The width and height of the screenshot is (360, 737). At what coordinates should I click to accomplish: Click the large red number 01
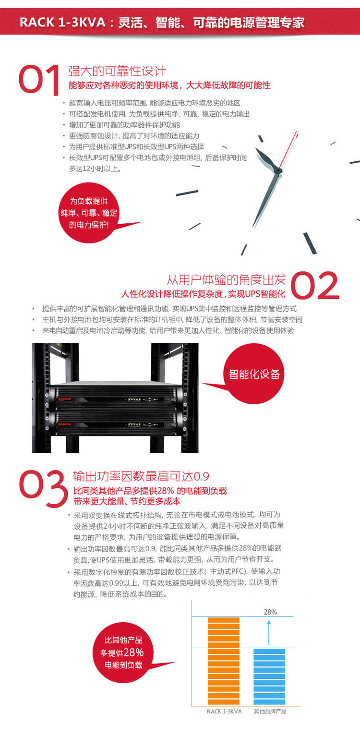[x=39, y=80]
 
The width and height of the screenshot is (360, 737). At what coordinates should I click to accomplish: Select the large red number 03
[x=43, y=488]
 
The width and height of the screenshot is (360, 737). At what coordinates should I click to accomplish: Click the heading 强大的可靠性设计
[x=117, y=71]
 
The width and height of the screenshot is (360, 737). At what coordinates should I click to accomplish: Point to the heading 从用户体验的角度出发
[x=227, y=279]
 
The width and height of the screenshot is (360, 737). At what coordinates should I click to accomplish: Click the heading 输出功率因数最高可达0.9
[x=141, y=476]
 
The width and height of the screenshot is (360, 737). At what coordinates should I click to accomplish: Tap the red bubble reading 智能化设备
[x=254, y=374]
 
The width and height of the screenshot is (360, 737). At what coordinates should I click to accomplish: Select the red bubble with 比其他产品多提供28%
[x=123, y=652]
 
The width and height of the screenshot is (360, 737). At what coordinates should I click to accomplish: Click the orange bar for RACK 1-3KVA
[x=224, y=660]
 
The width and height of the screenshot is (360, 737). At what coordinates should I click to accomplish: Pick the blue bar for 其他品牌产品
[x=269, y=676]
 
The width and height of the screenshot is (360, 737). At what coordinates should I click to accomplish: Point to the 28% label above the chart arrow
[x=271, y=612]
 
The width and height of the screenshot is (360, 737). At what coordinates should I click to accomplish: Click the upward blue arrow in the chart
[x=269, y=633]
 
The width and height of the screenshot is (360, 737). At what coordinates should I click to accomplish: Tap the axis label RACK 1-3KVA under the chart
[x=224, y=712]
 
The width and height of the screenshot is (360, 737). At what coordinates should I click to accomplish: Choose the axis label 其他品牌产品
[x=270, y=712]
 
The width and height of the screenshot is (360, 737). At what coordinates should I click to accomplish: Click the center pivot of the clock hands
[x=278, y=171]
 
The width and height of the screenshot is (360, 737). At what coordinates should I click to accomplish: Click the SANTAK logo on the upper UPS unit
[x=64, y=399]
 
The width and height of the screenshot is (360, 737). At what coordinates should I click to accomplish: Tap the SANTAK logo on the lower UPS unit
[x=64, y=424]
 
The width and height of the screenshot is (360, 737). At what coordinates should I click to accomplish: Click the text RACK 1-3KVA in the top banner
[x=62, y=23]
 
